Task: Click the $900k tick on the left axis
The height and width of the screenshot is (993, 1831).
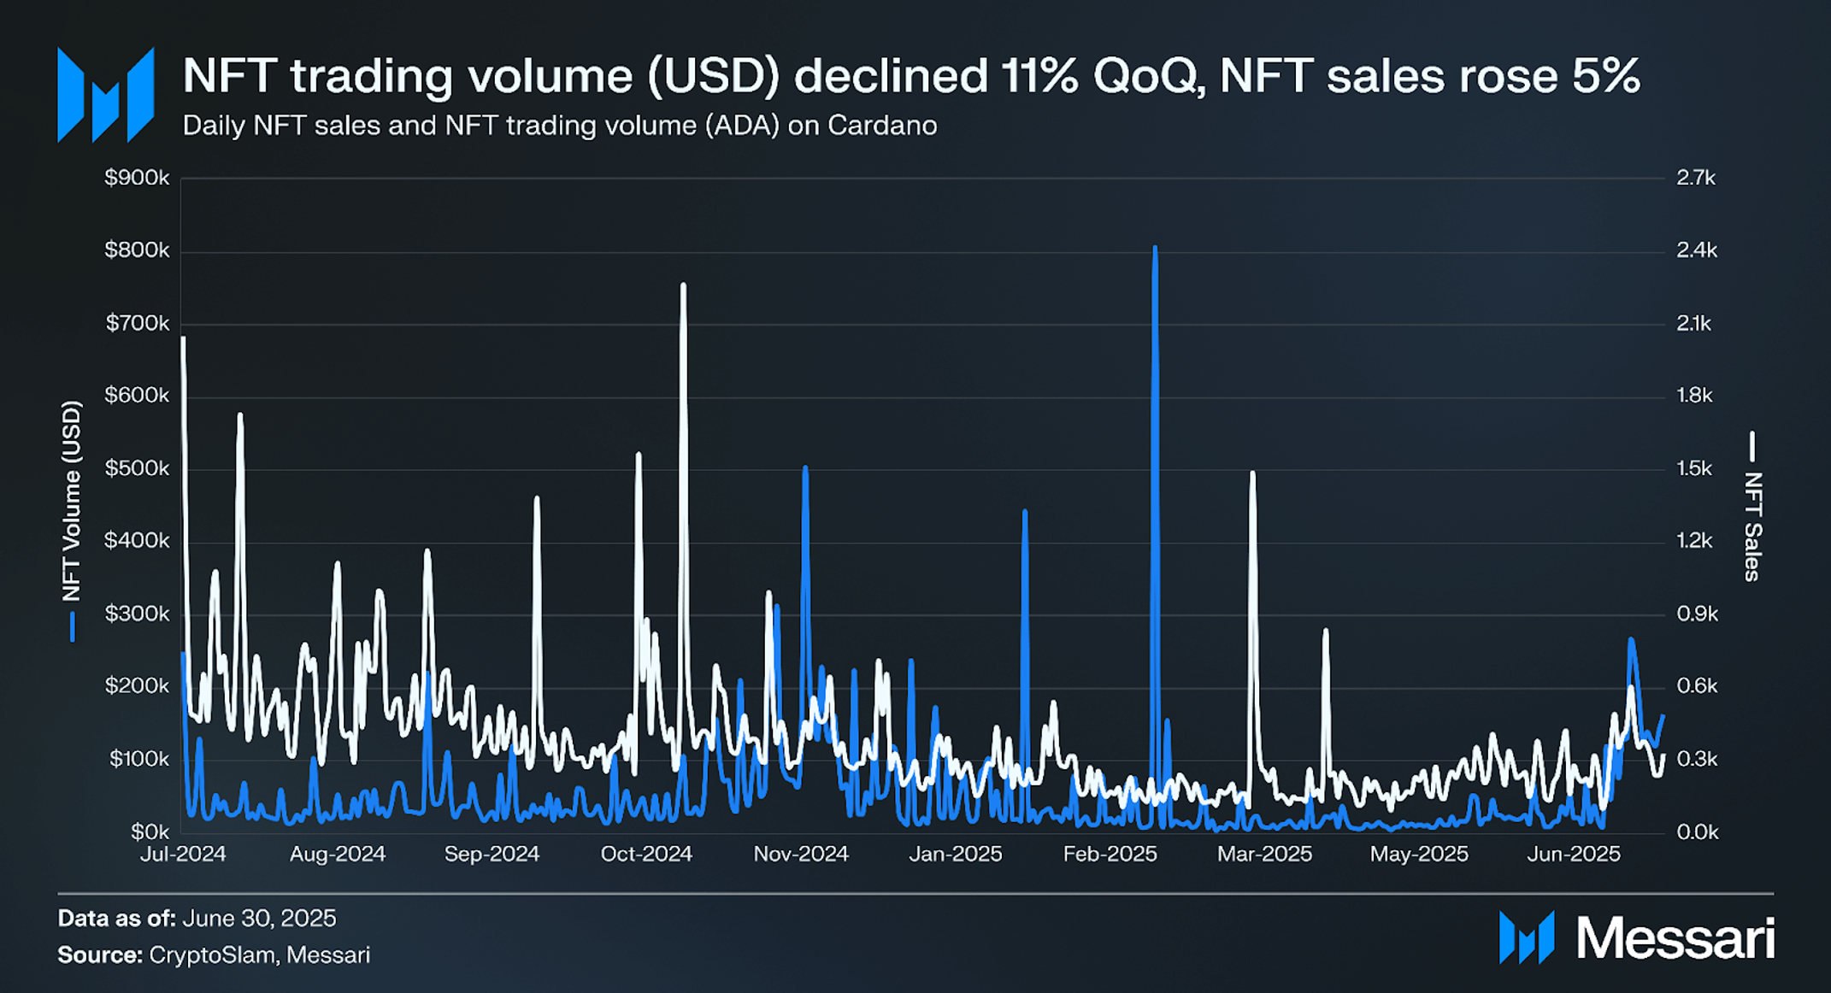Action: tap(137, 178)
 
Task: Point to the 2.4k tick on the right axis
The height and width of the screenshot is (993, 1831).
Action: tap(1696, 250)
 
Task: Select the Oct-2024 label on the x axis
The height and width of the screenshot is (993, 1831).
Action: tap(645, 854)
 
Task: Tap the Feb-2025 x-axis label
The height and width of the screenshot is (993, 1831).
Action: tap(1110, 854)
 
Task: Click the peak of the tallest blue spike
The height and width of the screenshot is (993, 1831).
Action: tap(1155, 249)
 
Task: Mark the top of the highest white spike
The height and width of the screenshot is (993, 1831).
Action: tap(683, 285)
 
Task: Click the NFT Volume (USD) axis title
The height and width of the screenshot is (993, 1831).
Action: tap(72, 502)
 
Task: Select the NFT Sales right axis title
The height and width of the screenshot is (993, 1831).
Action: tap(1752, 526)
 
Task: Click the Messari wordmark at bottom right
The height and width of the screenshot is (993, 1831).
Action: tap(1675, 938)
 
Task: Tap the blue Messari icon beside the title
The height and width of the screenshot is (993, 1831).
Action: tap(105, 95)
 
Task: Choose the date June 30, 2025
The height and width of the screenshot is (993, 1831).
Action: tap(259, 918)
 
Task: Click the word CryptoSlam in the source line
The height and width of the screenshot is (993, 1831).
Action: tap(214, 955)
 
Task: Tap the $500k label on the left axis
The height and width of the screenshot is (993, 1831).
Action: tap(137, 468)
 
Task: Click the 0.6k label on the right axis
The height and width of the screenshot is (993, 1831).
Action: tap(1696, 686)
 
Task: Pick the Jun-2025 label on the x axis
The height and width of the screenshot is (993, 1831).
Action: tap(1573, 854)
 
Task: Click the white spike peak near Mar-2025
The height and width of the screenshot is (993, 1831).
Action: tap(1252, 473)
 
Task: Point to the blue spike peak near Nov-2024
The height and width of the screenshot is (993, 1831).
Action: tap(805, 468)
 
